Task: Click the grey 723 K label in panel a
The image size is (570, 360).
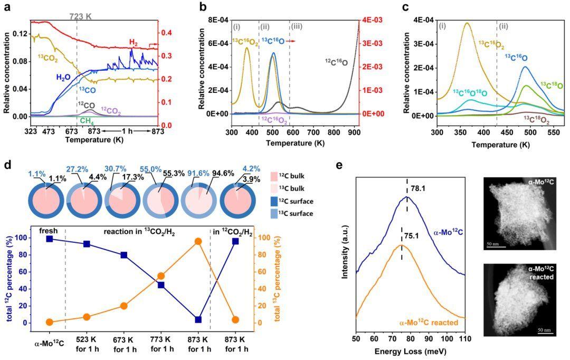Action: [x=81, y=17]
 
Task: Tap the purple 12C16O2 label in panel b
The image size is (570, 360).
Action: [x=274, y=121]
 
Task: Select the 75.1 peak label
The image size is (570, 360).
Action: [x=411, y=229]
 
